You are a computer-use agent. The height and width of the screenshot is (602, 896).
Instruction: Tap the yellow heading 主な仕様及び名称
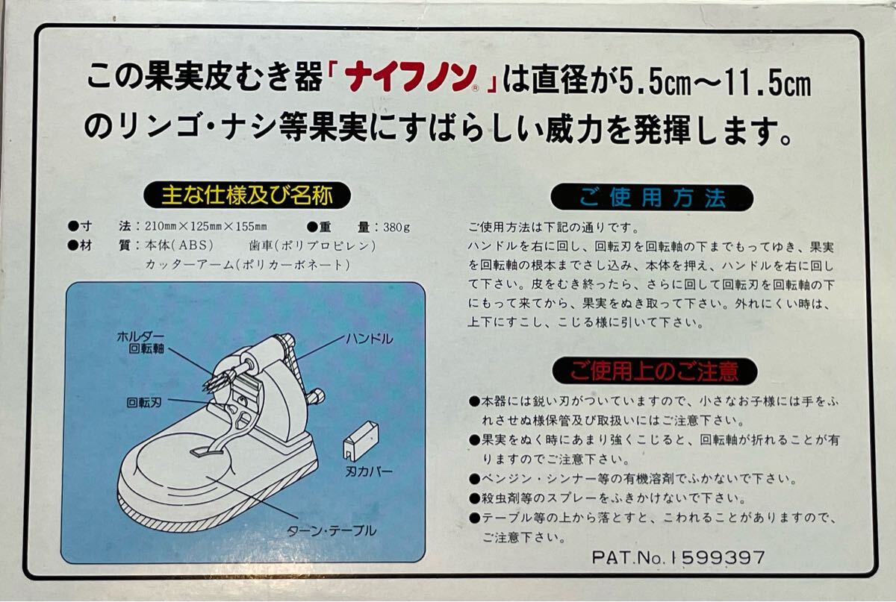[x=247, y=196]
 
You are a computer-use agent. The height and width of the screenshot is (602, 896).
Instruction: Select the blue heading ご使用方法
[x=652, y=198]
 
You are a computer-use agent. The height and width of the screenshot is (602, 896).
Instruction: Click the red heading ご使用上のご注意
[x=654, y=371]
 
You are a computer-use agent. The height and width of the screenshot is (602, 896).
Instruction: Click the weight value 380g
[x=396, y=228]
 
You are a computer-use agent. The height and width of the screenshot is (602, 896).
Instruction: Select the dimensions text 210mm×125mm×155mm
[x=205, y=227]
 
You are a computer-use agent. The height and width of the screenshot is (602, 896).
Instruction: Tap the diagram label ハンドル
[x=369, y=339]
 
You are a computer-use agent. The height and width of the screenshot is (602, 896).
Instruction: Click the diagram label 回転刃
[x=144, y=402]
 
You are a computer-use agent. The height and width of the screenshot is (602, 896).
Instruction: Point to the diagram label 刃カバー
[x=369, y=471]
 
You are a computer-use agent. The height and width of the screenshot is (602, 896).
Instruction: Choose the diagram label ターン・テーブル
[x=332, y=531]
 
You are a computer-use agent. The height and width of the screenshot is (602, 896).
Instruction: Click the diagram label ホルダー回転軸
[x=141, y=342]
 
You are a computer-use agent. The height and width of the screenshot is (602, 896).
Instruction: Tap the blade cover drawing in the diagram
[x=361, y=439]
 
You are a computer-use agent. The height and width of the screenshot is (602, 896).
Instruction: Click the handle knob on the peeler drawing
[x=316, y=397]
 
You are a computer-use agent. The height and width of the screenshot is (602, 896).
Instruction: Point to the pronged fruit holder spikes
[x=218, y=379]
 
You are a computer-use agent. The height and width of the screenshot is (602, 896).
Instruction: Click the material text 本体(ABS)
[x=178, y=245]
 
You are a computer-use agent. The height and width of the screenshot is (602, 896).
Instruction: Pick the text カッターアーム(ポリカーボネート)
[x=247, y=265]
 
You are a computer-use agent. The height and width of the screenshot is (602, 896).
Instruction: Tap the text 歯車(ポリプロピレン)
[x=312, y=245]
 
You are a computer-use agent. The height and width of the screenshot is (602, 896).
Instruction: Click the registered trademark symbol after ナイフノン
[x=475, y=88]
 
